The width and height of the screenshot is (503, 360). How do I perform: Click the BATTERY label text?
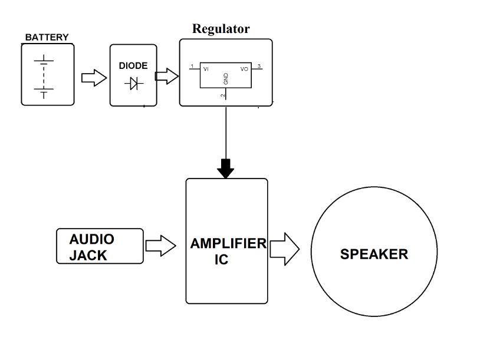(x=47, y=37)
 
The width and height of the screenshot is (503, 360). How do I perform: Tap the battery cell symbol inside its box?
(x=44, y=75)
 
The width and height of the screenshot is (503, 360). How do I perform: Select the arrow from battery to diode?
(x=93, y=78)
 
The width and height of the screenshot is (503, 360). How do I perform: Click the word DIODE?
(x=133, y=66)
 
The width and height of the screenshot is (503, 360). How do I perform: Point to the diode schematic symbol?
(x=134, y=84)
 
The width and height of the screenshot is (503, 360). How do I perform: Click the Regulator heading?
(x=221, y=29)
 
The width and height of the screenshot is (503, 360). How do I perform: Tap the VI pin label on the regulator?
(x=206, y=69)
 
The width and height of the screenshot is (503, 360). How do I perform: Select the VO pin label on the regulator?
(x=245, y=69)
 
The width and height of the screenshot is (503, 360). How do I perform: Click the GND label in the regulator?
(x=225, y=78)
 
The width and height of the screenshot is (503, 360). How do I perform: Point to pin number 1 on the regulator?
(x=192, y=66)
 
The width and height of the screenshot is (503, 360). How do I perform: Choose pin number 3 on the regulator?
(x=259, y=66)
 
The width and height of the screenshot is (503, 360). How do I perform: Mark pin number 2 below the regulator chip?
(x=222, y=95)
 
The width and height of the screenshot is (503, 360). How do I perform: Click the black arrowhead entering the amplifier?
(x=225, y=170)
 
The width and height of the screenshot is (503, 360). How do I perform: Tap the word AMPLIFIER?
(x=228, y=243)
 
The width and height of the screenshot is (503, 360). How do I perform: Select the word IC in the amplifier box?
(x=221, y=259)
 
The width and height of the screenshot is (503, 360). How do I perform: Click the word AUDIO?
(x=91, y=239)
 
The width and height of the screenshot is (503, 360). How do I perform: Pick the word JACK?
(x=88, y=256)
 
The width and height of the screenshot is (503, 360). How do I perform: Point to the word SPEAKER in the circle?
(x=374, y=255)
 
